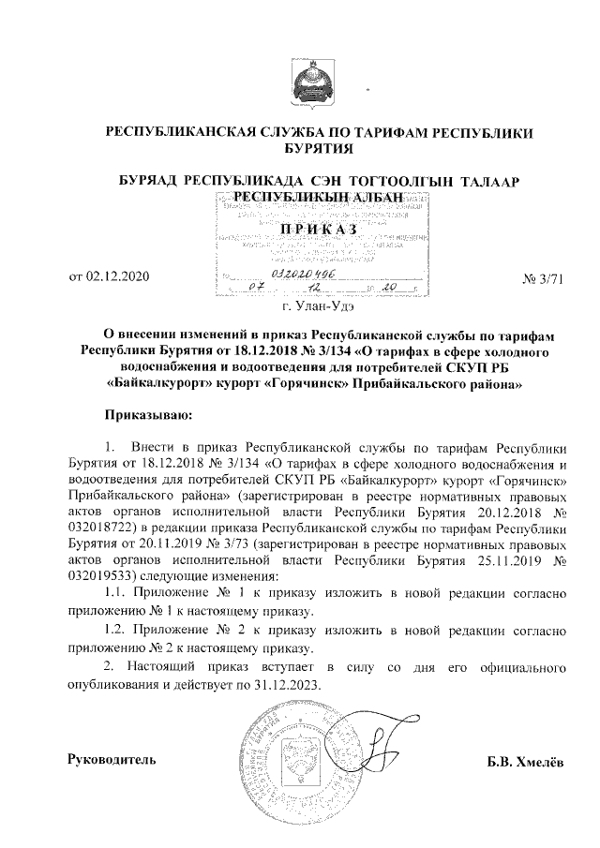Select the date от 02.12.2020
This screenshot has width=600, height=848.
(110, 276)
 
